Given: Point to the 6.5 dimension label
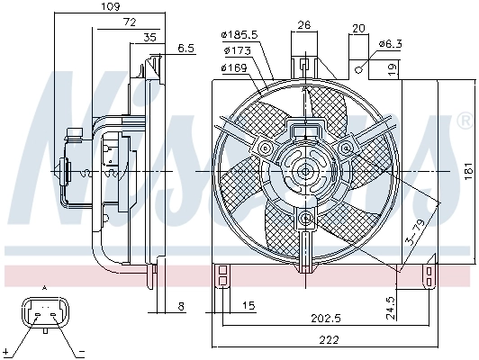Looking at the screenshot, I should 186,48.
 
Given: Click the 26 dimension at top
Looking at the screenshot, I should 304,24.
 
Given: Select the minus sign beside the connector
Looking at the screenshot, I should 81,350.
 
